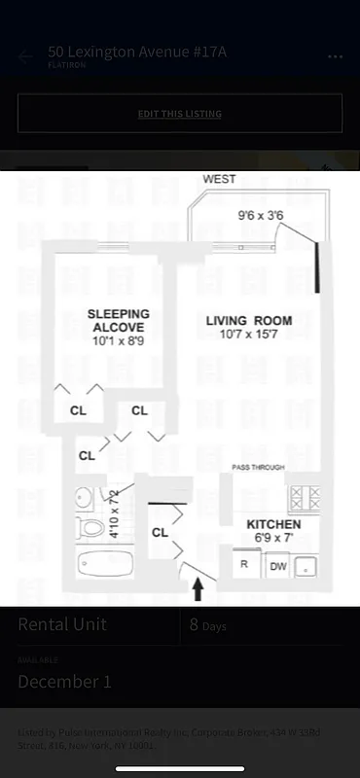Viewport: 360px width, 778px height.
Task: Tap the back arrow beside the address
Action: click(25, 56)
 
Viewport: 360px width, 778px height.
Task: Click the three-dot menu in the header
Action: click(335, 56)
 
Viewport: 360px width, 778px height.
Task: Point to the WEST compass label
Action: click(219, 180)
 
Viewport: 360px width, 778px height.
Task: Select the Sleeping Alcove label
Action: click(119, 321)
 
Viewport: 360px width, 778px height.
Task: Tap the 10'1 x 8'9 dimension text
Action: click(118, 341)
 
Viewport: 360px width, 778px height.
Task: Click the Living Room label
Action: click(248, 321)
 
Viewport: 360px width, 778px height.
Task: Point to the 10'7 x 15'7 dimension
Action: click(248, 336)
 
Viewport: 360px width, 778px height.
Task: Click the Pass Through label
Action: click(258, 468)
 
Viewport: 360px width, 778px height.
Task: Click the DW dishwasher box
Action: click(277, 564)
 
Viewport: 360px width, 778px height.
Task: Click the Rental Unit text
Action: click(62, 624)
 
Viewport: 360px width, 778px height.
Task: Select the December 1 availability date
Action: click(64, 682)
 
